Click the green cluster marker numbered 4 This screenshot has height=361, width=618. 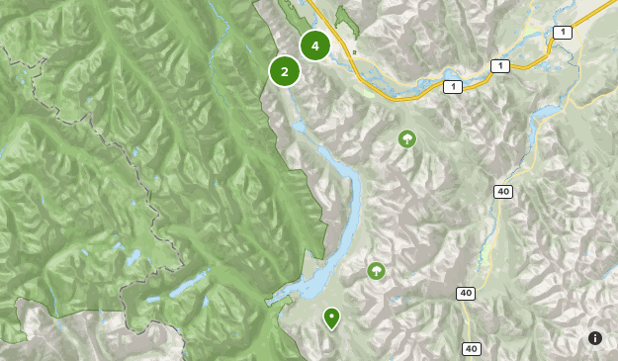(x=314, y=45)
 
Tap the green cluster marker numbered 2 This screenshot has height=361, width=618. (x=285, y=71)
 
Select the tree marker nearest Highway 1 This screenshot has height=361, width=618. (x=406, y=138)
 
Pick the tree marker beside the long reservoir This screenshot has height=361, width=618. (x=376, y=270)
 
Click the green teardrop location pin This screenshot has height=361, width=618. (x=331, y=316)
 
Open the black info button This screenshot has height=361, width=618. (x=595, y=338)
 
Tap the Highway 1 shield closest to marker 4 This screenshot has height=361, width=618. (x=452, y=87)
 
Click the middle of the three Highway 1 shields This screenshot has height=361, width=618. (x=501, y=65)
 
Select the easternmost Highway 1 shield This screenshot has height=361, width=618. (x=563, y=33)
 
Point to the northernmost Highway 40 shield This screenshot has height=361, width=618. (x=504, y=191)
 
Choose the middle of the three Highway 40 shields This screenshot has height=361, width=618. (x=465, y=293)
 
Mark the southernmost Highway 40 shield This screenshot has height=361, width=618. (x=471, y=348)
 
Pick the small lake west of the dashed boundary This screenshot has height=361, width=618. (x=132, y=258)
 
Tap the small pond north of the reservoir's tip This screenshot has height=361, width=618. (x=300, y=128)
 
